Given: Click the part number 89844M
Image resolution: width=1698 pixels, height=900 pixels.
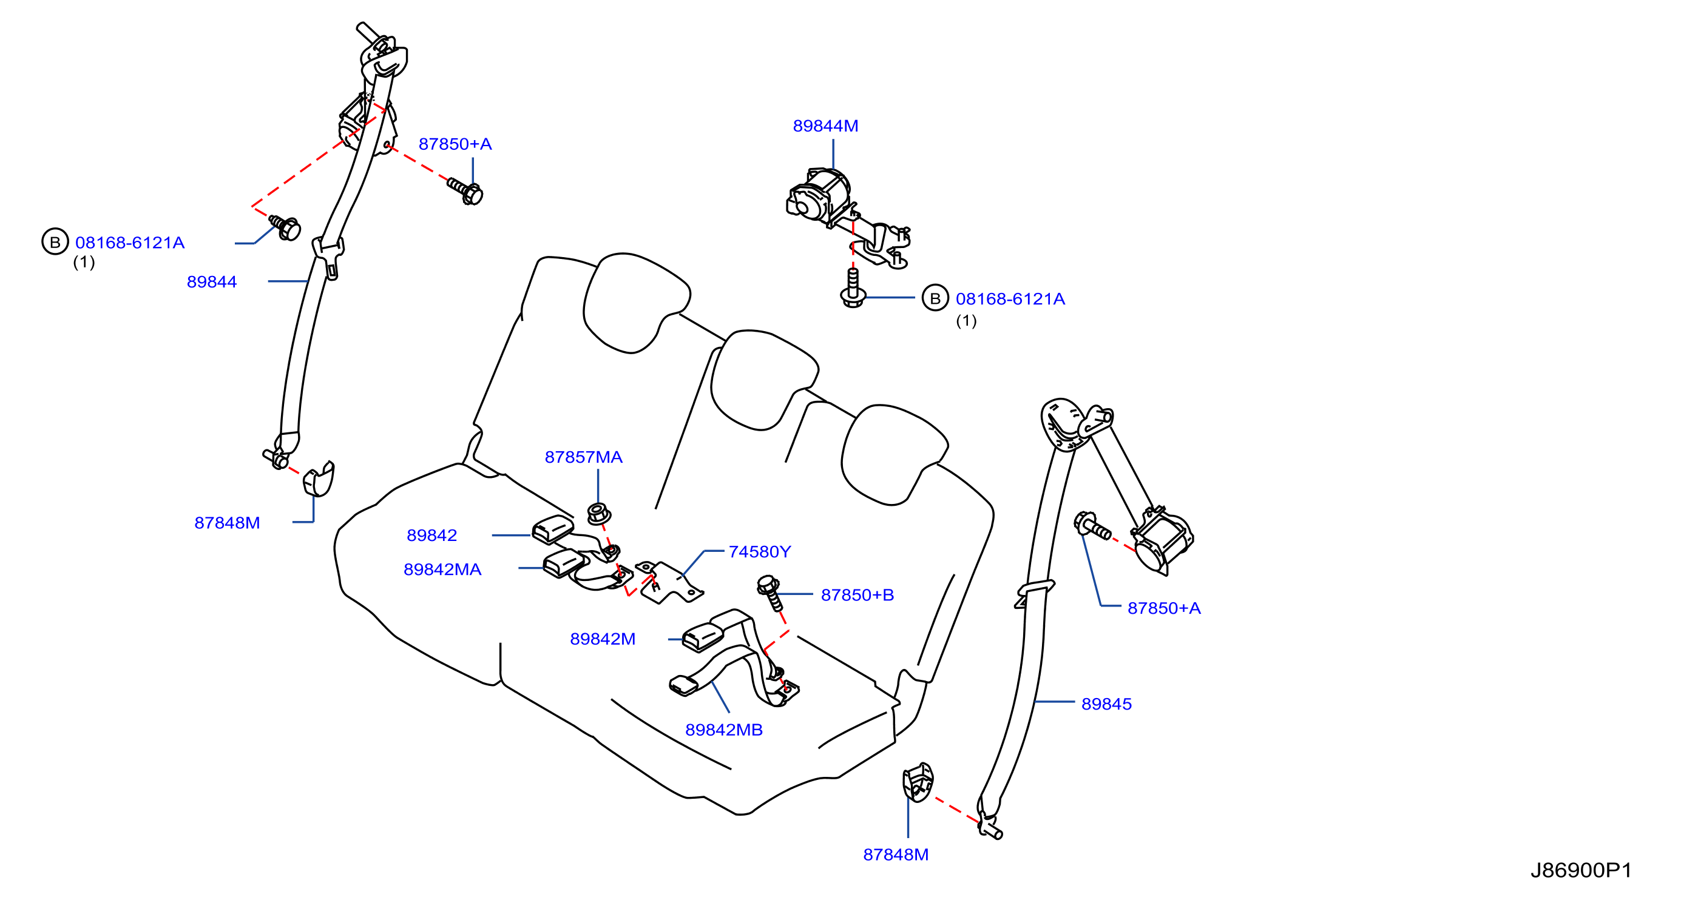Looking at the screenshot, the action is coord(825,126).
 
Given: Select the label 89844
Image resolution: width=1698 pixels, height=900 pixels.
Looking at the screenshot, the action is coord(212,282).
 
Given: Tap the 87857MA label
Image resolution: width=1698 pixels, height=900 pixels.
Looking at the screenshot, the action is coord(583,457).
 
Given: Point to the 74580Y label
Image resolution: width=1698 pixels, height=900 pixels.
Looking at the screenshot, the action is coord(759,552).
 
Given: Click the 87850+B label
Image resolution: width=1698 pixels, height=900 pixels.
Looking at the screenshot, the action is coord(857,596).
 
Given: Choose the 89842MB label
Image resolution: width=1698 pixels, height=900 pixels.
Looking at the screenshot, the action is coord(724,730).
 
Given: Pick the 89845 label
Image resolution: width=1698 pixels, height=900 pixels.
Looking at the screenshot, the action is coord(1106,704).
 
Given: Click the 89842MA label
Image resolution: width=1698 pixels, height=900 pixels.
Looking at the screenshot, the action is coord(442,570).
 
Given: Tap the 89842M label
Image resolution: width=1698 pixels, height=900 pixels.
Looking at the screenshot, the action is coord(603,639).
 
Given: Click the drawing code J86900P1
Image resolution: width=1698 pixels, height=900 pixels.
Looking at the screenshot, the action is coord(1581,871).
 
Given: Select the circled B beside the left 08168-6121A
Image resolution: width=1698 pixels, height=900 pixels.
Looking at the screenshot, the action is coord(55,242).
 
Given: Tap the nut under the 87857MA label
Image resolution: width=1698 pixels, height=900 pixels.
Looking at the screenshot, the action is coord(598,513).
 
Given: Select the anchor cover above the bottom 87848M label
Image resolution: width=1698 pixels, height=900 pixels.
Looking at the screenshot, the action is coord(918,782).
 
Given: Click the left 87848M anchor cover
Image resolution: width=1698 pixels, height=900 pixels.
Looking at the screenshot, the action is coord(319,479).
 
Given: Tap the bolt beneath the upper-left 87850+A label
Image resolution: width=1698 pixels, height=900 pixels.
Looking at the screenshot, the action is coord(465,191).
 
